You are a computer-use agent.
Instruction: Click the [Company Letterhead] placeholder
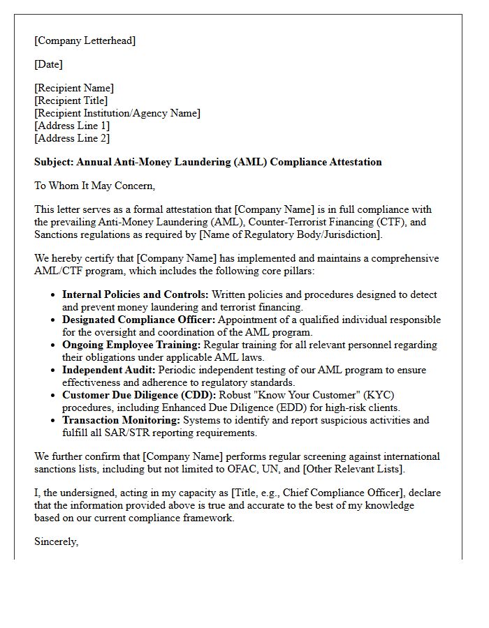(x=85, y=40)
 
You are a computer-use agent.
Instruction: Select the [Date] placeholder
(x=48, y=64)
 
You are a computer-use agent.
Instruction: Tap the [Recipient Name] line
(x=74, y=88)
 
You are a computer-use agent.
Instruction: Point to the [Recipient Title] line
(x=71, y=100)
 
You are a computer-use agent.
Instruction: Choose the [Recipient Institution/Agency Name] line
(x=117, y=113)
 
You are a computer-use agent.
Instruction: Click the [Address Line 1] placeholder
(x=72, y=126)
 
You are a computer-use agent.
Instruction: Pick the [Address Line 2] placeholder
(x=72, y=138)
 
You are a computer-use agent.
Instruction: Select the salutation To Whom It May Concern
(x=94, y=186)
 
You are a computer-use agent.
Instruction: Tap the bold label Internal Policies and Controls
(x=135, y=294)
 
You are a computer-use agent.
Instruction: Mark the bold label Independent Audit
(x=108, y=370)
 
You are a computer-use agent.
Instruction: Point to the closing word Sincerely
(x=56, y=541)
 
